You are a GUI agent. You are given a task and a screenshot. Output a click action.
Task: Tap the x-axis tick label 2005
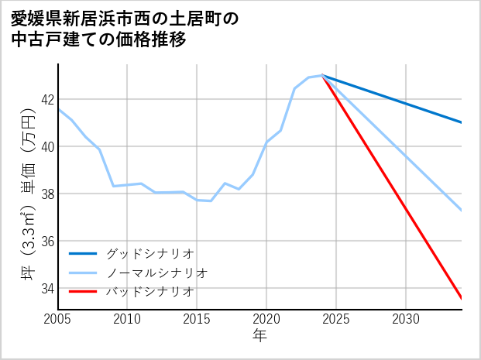(58, 319)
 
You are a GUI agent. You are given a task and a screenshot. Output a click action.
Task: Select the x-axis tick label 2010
(127, 319)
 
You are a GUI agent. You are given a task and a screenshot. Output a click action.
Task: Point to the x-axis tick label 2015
(197, 319)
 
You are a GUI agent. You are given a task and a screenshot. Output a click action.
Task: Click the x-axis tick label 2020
(266, 319)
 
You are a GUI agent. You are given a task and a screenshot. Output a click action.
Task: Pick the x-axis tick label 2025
(336, 319)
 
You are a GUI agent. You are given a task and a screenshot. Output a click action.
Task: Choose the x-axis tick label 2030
(406, 319)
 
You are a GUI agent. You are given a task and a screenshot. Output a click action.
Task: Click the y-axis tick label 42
(47, 99)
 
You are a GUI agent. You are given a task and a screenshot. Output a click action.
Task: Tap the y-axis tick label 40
(47, 146)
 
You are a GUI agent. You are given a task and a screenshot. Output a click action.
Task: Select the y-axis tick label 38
(47, 194)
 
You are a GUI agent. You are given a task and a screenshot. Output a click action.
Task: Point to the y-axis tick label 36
(47, 241)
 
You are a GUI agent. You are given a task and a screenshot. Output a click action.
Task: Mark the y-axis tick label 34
(47, 288)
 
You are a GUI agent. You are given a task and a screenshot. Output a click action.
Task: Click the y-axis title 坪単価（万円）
(27, 194)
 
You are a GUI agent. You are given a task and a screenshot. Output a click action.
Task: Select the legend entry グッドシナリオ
(149, 253)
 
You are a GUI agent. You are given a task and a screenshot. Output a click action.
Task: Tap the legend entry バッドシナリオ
(149, 291)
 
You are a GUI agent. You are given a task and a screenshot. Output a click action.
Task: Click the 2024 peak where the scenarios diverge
(322, 76)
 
